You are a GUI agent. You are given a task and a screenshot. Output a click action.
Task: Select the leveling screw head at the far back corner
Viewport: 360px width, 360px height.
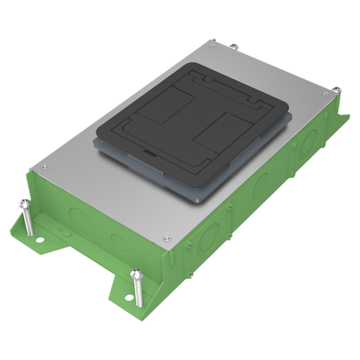[233, 47]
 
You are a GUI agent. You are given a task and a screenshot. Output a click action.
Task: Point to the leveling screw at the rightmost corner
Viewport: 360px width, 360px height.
[336, 90]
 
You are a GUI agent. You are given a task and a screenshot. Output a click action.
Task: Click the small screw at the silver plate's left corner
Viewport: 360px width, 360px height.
[44, 167]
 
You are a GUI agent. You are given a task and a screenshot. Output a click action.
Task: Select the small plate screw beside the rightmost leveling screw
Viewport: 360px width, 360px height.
[325, 93]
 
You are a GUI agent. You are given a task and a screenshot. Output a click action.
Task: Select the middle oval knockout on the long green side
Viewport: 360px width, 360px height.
[259, 186]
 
